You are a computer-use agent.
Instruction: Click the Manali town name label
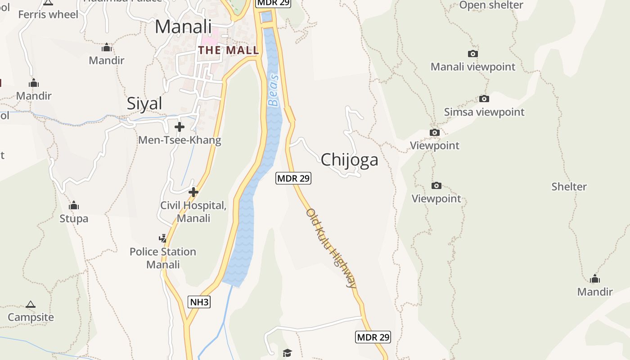183,27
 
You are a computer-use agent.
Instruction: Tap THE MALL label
229,50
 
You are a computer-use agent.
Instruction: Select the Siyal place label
144,103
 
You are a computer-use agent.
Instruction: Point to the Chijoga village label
349,160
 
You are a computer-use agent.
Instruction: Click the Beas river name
274,90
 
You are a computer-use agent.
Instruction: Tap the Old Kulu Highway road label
332,247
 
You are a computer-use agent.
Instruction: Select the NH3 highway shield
199,301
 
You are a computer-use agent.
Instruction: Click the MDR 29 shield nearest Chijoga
293,178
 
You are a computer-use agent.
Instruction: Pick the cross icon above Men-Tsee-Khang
180,127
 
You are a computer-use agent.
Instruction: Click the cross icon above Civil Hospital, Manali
193,192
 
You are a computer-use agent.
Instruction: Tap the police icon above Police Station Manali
162,238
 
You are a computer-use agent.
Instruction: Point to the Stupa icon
74,206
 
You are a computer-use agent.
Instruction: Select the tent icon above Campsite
31,305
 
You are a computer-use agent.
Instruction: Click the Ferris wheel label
48,14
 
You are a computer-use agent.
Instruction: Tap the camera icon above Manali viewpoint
472,54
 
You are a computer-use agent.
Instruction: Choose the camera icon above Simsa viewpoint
484,99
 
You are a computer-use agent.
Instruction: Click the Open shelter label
491,5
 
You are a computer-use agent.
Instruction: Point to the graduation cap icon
288,353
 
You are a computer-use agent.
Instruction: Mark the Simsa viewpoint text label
484,112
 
